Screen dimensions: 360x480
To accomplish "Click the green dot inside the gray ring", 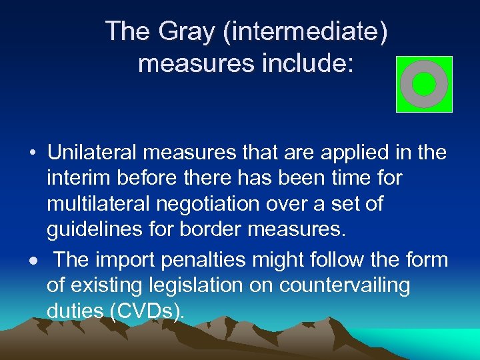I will point(424,84).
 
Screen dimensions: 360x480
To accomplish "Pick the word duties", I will point(76,311).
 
